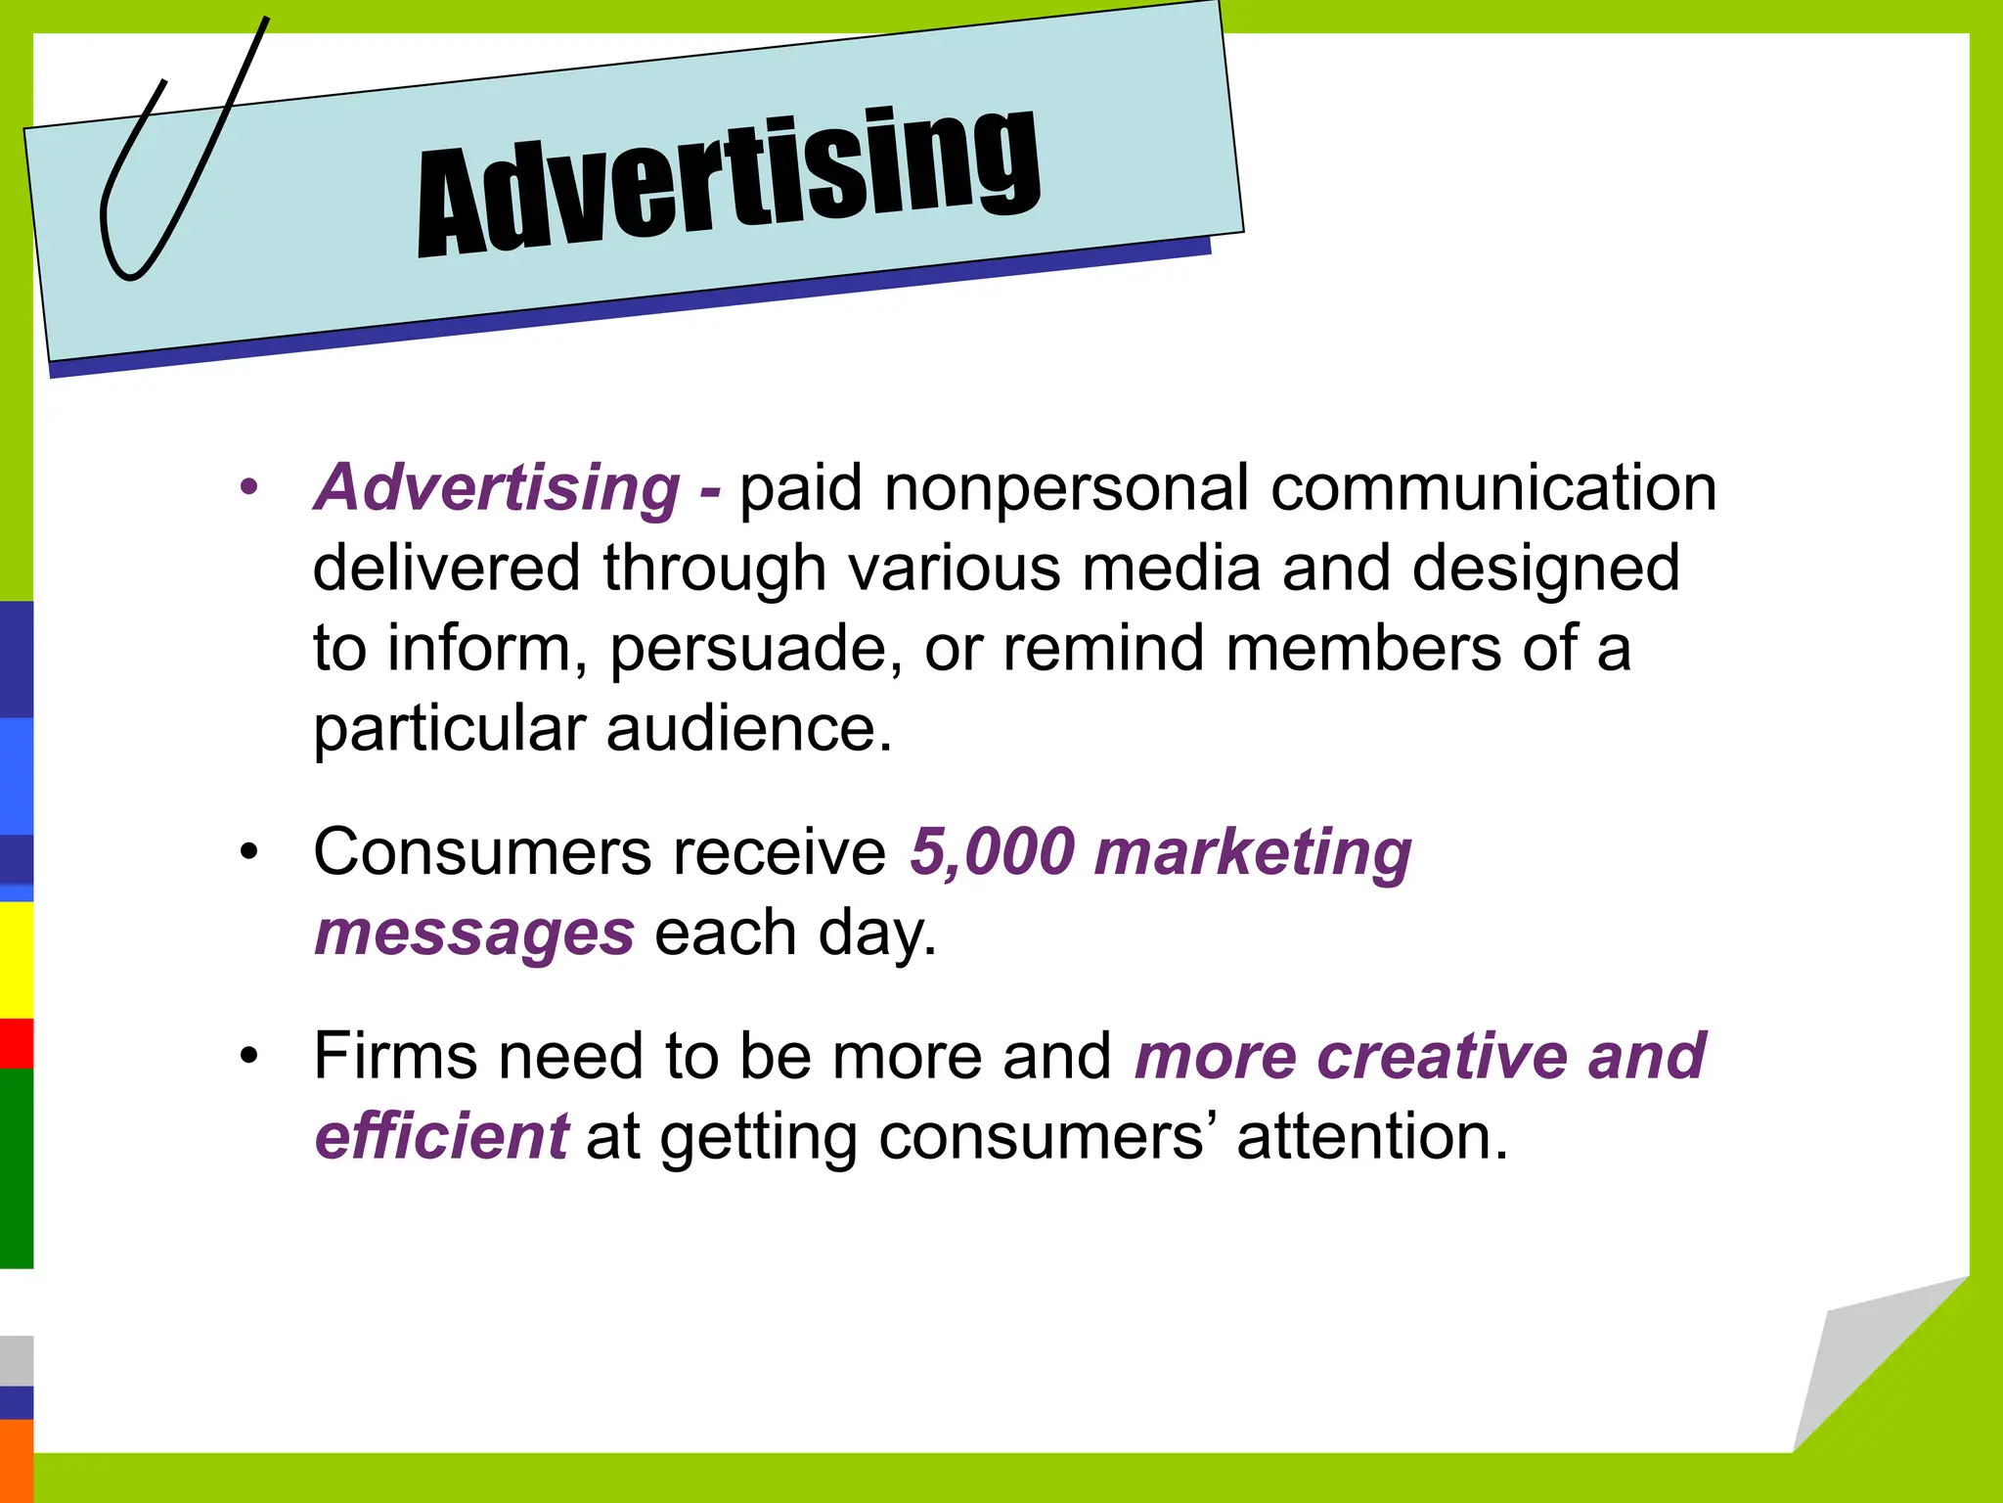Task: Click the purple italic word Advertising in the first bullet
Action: click(x=497, y=487)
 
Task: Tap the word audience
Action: click(x=749, y=729)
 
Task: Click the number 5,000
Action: click(x=993, y=851)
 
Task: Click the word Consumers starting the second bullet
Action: click(x=481, y=851)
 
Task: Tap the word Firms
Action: click(x=396, y=1056)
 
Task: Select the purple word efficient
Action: click(x=441, y=1137)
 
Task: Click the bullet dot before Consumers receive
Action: click(x=250, y=851)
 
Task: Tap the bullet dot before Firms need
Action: click(x=250, y=1056)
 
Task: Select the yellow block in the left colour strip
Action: click(x=16, y=959)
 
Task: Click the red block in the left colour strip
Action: click(x=16, y=1043)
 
